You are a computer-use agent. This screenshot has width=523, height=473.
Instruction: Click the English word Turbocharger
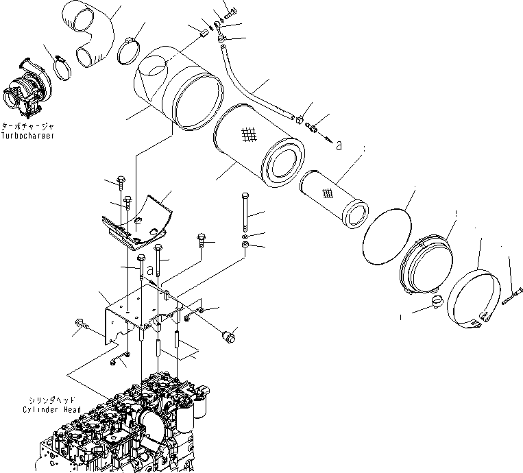coord(28,136)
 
